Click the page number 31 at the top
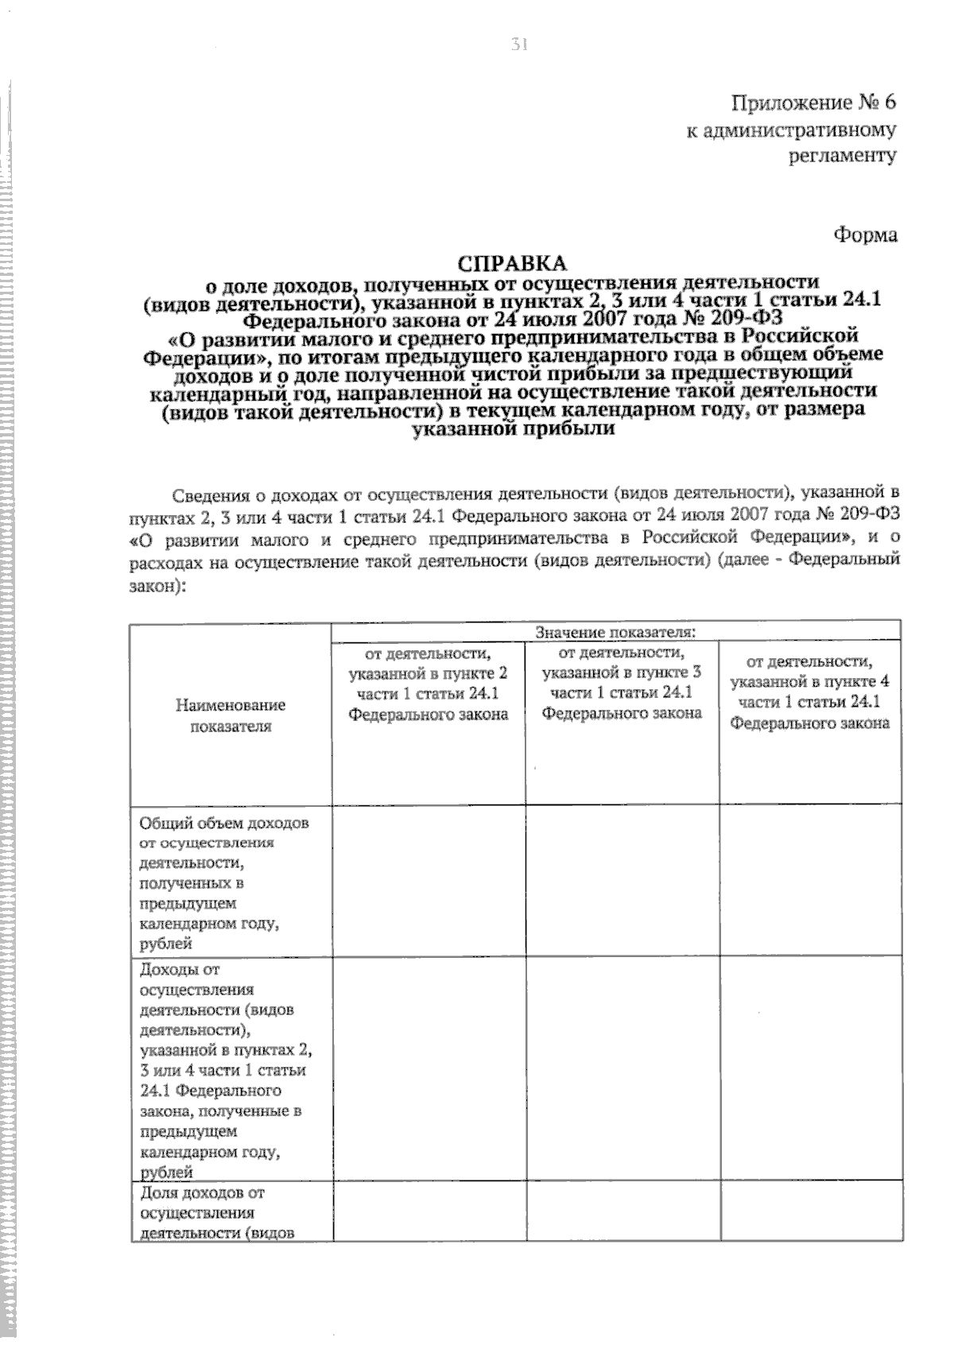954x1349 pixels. (519, 45)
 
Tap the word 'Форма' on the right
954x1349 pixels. (865, 235)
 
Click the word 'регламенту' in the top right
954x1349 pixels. (842, 156)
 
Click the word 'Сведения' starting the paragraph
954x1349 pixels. (208, 495)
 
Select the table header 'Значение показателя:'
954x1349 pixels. (615, 633)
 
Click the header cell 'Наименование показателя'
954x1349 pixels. (231, 715)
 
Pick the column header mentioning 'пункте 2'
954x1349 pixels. (429, 684)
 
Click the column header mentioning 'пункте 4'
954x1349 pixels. (809, 692)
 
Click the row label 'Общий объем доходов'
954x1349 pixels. (224, 824)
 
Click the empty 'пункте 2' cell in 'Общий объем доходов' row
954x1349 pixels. (429, 880)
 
